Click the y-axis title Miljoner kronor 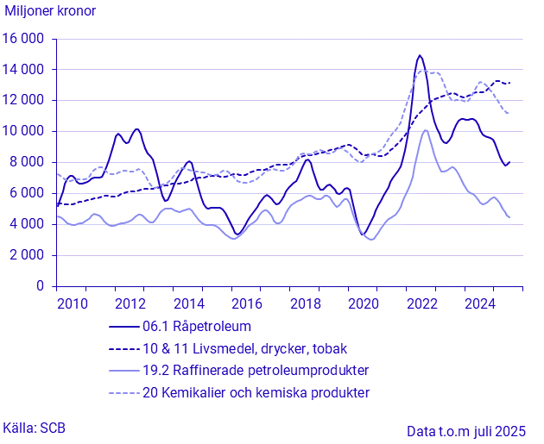pyautogui.click(x=51, y=12)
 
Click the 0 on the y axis pyautogui.click(x=40, y=286)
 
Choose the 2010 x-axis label pyautogui.click(x=72, y=303)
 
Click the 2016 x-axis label pyautogui.click(x=247, y=303)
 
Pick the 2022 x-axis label pyautogui.click(x=421, y=303)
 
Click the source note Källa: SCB pyautogui.click(x=34, y=428)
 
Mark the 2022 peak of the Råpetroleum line pyautogui.click(x=420, y=56)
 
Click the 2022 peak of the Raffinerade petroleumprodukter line pyautogui.click(x=425, y=130)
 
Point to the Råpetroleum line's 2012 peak pyautogui.click(x=136, y=129)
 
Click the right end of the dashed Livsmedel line pyautogui.click(x=509, y=83)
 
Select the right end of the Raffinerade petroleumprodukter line pyautogui.click(x=509, y=217)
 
